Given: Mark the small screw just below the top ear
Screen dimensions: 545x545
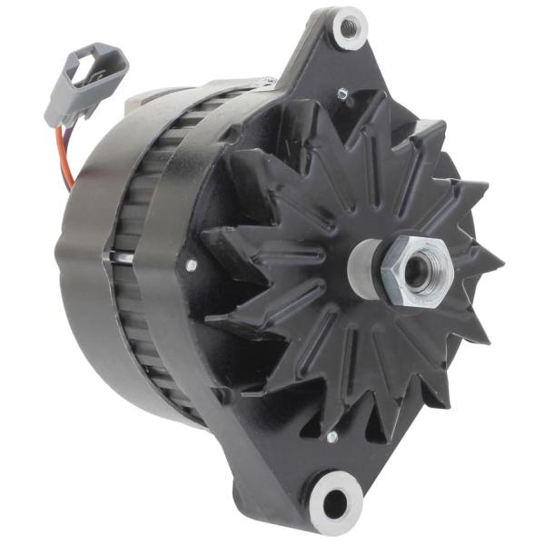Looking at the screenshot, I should [x=342, y=94].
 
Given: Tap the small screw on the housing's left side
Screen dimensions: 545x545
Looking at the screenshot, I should [x=191, y=265].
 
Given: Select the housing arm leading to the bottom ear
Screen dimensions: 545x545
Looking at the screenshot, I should [x=282, y=454].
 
